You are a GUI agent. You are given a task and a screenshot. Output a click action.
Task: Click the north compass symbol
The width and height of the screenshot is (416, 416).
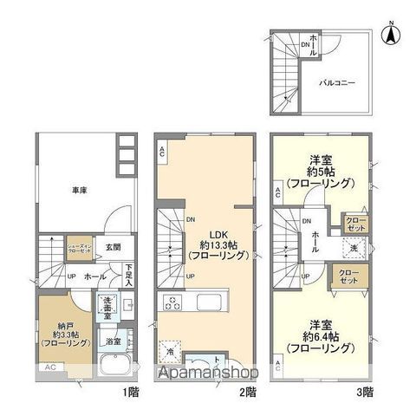tap(391, 34)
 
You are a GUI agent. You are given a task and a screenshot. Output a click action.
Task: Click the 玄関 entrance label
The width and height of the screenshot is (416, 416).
tap(102, 247)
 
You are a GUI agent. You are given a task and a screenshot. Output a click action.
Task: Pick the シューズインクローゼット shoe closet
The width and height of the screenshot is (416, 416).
tap(81, 248)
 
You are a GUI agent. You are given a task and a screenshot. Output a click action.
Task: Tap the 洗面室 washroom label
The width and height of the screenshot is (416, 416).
tap(109, 306)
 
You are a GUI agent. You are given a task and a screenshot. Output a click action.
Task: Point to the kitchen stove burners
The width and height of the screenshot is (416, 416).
tap(171, 302)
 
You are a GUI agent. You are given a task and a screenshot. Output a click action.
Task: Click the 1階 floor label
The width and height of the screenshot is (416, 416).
tap(130, 391)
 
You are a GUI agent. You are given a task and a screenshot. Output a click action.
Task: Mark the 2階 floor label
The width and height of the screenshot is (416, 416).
tap(248, 391)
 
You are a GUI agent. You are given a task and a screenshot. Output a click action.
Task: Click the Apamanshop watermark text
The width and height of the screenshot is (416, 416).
tap(208, 374)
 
